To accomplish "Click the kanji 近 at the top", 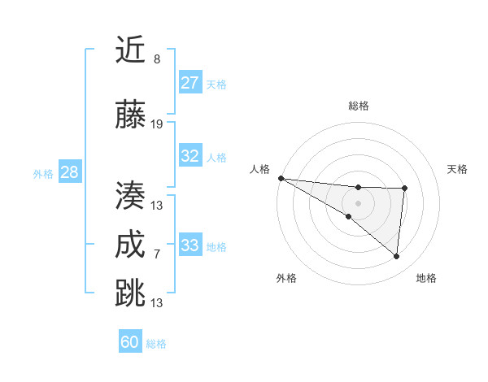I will pos(131,50).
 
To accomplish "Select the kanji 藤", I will pos(131,115).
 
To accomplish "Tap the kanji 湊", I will pos(131,196).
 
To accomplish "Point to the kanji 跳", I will pos(131,293).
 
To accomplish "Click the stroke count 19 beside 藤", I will pos(157,124).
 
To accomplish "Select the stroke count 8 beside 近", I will pos(156,59).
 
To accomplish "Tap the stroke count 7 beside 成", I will pos(156,254).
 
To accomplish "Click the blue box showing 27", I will pos(190,83).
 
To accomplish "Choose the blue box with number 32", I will pos(190,156).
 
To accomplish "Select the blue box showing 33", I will pos(190,245).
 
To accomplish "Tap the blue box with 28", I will pos(69,172).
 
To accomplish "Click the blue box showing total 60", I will pos(130,342).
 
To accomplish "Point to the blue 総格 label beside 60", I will pos(156,344).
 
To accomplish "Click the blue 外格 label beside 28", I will pos(43,174).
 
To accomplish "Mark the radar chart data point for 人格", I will pos(281,177).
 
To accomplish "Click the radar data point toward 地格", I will pos(396,257).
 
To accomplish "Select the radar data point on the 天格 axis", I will pos(404,189).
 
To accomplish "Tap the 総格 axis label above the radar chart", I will pos(358,106).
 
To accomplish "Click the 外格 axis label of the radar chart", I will pos(286,278).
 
